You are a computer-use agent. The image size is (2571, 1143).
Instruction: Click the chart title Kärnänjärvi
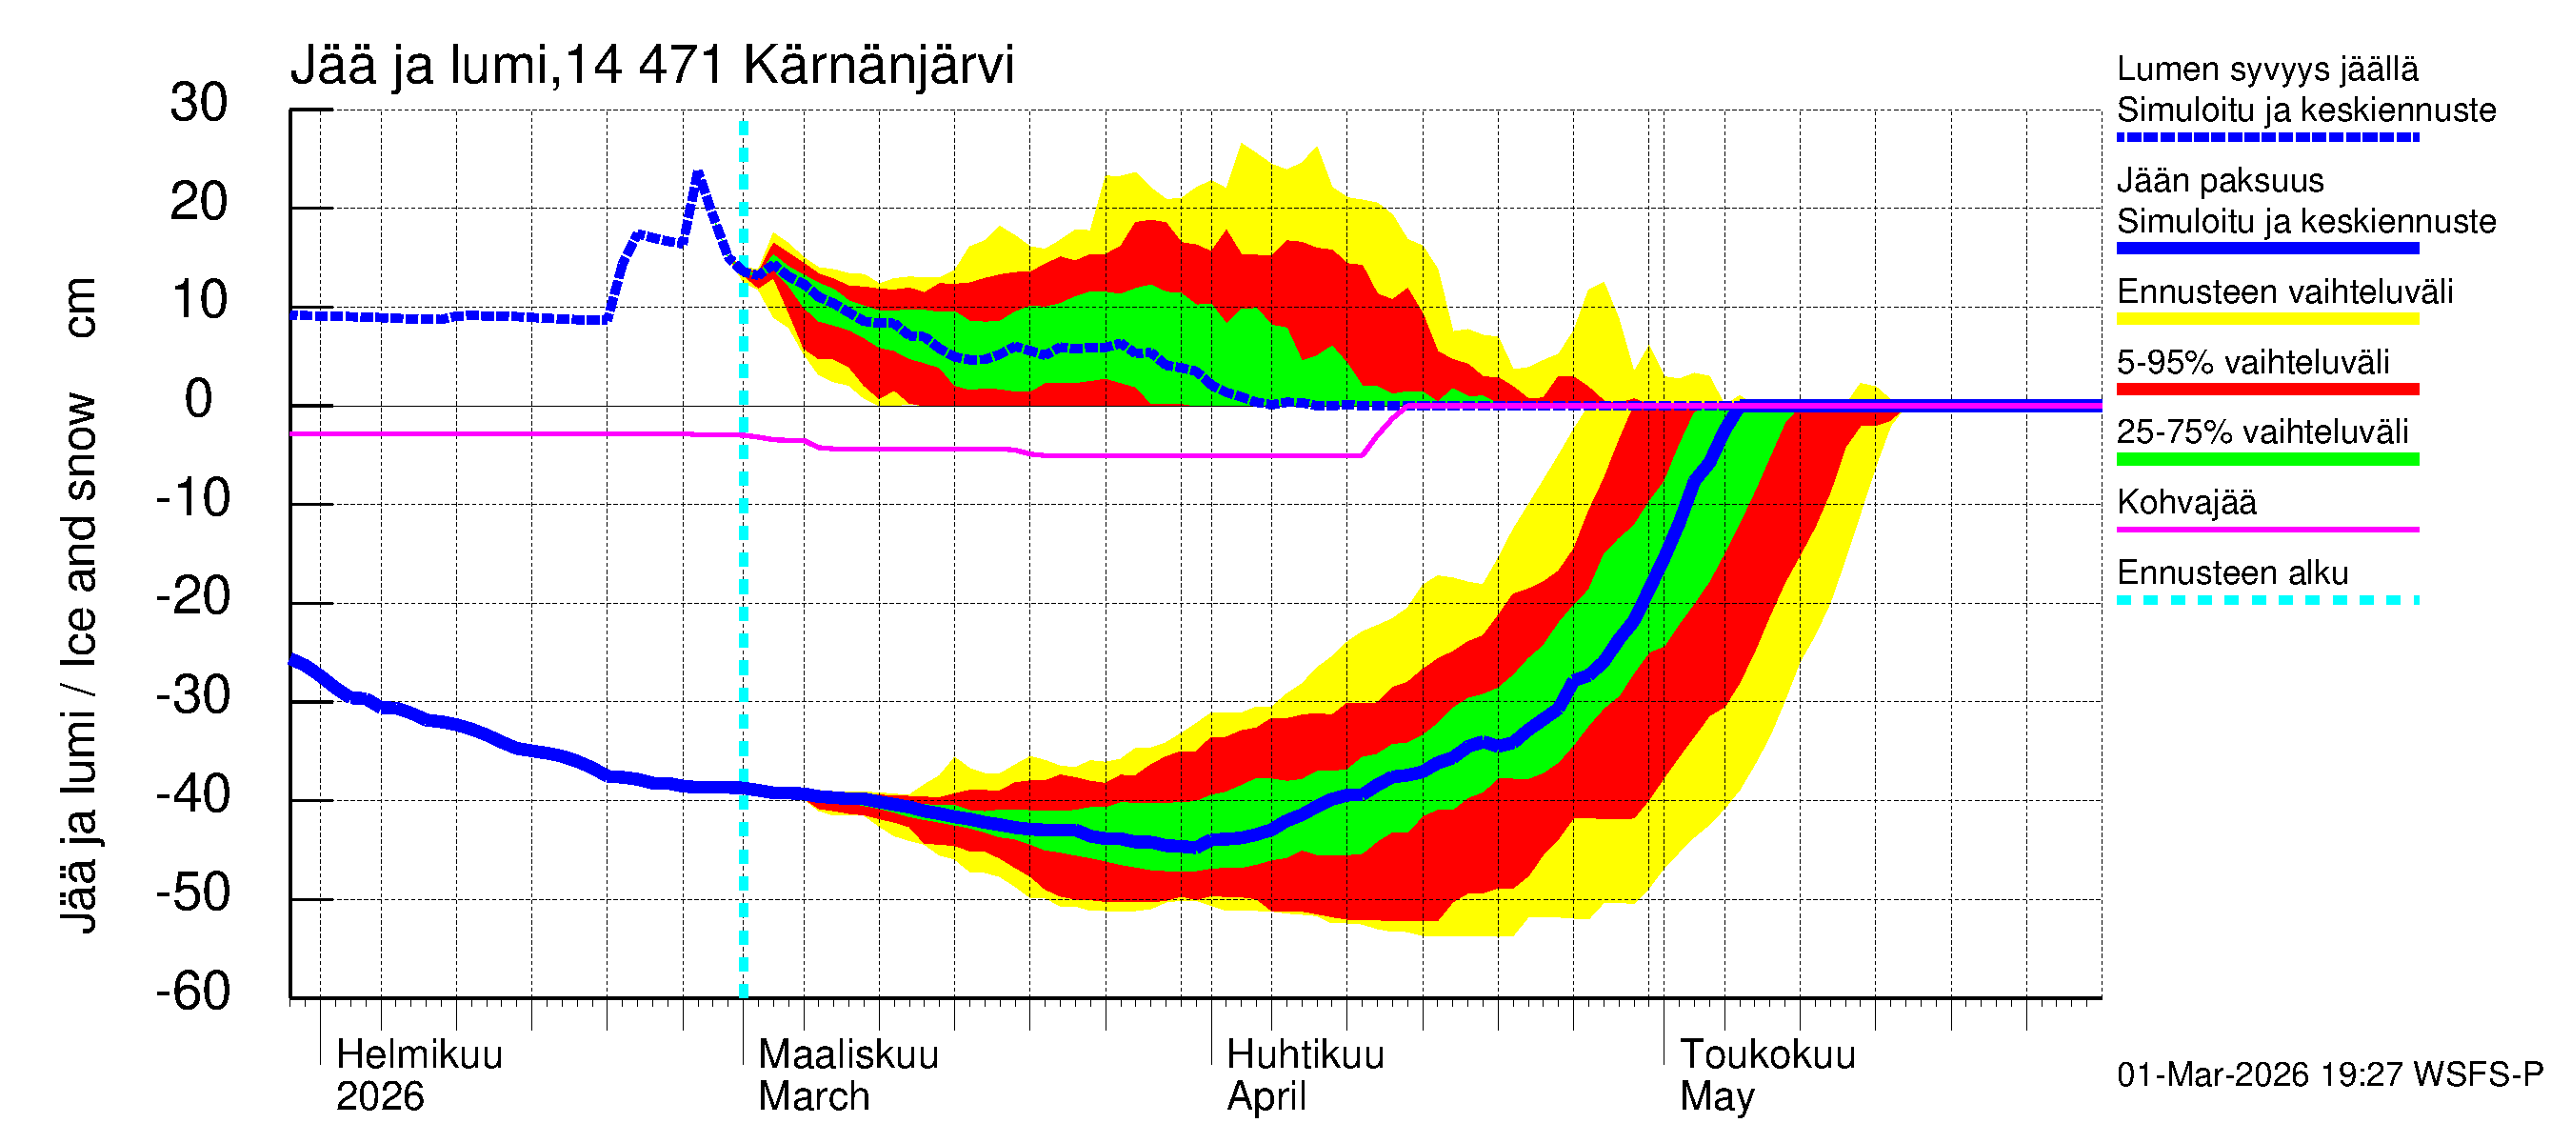coord(877,66)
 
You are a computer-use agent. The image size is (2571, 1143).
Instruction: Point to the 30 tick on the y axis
coord(199,104)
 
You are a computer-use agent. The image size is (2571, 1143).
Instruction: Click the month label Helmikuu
coord(419,1054)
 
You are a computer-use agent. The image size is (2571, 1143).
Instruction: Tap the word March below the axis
coord(813,1097)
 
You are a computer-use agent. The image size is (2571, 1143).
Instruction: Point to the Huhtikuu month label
coord(1305,1054)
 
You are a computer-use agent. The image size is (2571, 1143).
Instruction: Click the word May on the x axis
coord(1716,1097)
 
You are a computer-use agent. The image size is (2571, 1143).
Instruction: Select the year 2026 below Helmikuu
coord(379,1097)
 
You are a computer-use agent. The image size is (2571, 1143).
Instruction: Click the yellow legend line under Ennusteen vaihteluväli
coord(2266,319)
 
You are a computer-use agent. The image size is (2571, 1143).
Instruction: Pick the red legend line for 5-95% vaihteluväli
coord(2266,390)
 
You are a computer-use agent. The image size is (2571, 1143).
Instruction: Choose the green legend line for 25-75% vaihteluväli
coord(2266,459)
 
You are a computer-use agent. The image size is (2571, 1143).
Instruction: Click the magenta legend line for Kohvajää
coord(2266,529)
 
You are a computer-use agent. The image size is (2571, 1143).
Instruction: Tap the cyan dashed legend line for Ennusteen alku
coord(2266,600)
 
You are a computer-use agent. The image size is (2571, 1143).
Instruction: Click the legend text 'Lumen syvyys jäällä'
coord(2266,70)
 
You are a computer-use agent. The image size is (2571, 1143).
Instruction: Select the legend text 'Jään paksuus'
coord(2220,181)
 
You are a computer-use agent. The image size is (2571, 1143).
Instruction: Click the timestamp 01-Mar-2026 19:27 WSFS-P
coord(2329,1075)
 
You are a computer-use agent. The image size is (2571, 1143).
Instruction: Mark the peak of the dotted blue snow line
coord(699,173)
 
